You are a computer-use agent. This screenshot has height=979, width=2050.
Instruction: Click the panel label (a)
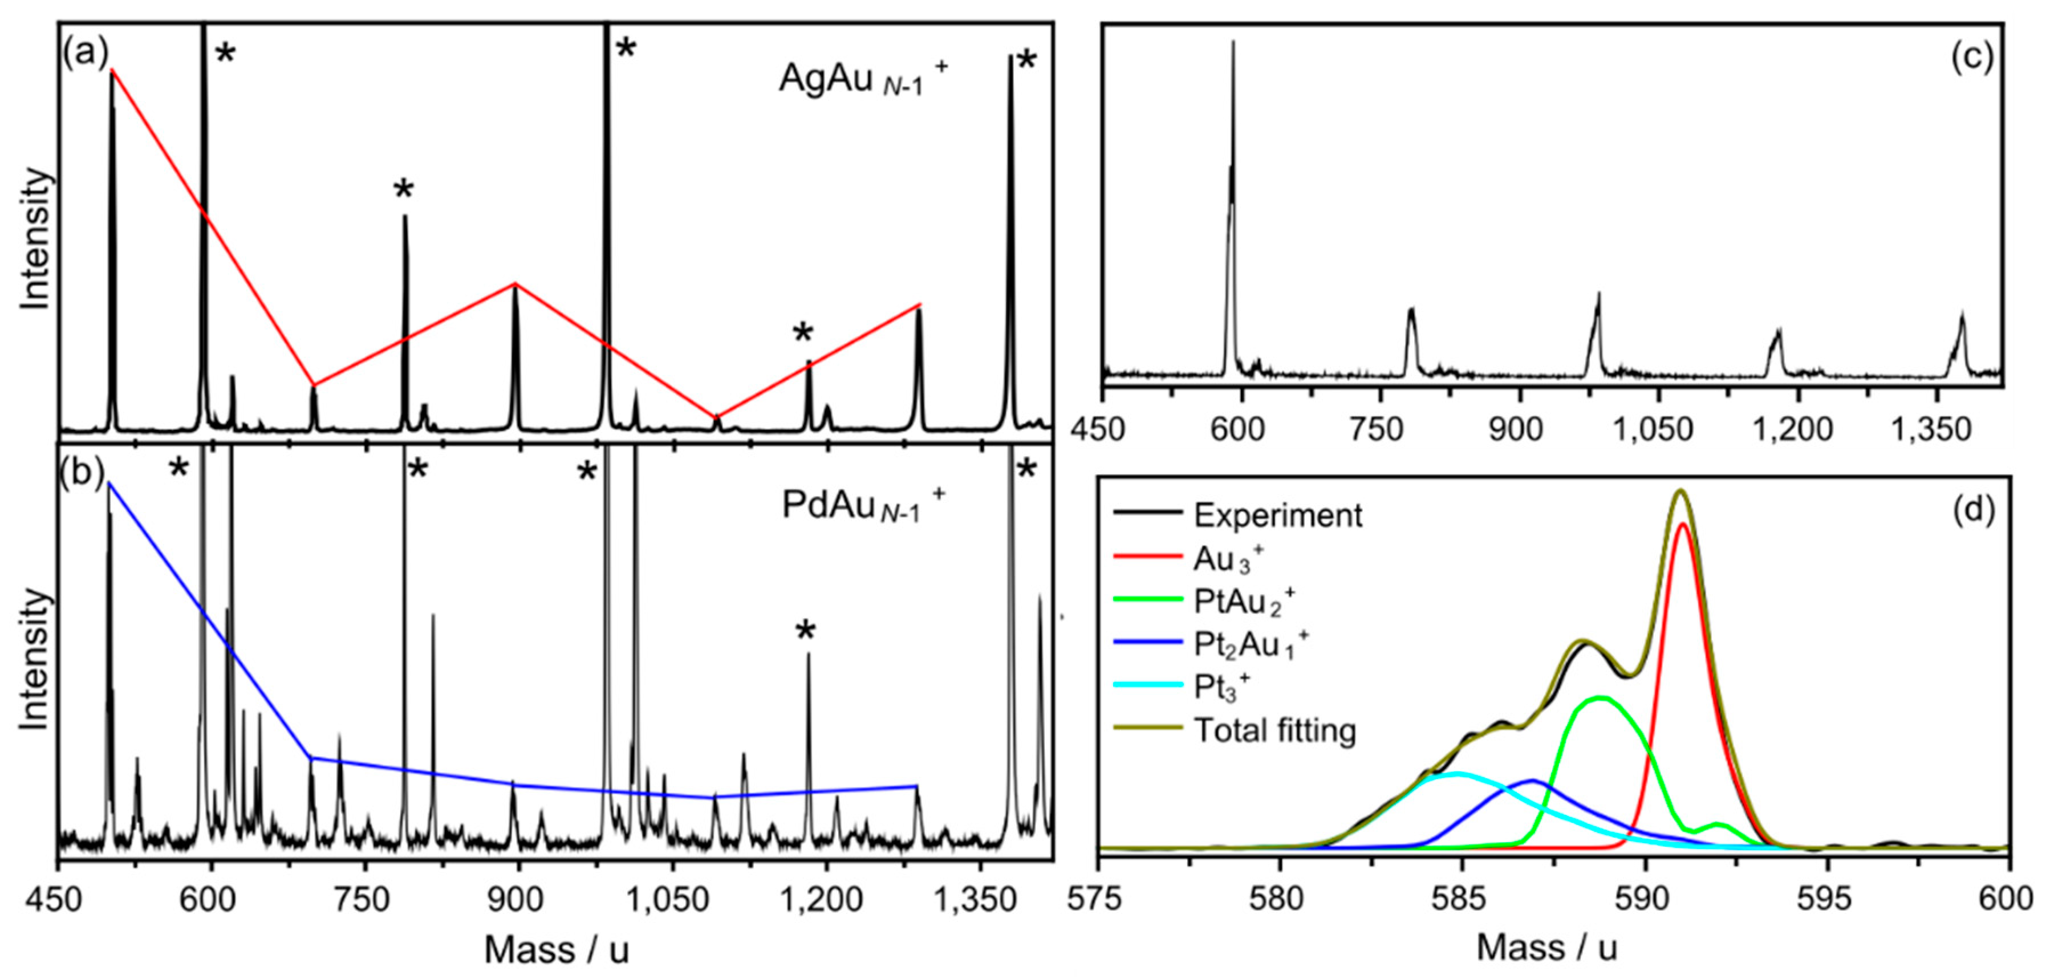click(x=84, y=54)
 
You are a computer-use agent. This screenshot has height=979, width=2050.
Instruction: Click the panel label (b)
click(x=82, y=473)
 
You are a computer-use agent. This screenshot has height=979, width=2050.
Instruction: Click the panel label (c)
click(x=1971, y=58)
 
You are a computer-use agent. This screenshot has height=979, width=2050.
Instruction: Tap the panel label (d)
click(x=1974, y=509)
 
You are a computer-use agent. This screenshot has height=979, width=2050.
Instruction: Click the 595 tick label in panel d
click(x=1828, y=899)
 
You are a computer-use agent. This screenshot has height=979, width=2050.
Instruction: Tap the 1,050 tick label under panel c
click(x=1652, y=430)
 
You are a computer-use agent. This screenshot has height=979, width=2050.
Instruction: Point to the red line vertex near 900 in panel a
click(x=515, y=283)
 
